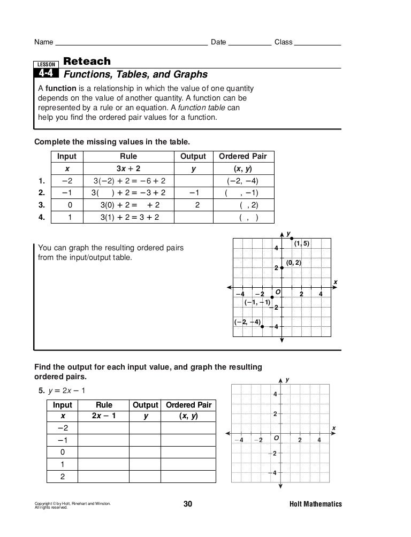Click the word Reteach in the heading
[87, 61]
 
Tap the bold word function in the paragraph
[60, 88]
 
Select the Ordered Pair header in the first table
[243, 156]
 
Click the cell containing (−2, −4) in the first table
[243, 181]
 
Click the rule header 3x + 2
[128, 168]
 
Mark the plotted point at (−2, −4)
[262, 326]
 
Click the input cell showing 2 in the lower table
[63, 475]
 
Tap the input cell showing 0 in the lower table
[63, 451]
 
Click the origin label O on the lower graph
[276, 438]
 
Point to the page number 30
[188, 504]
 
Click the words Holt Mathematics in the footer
[315, 504]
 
